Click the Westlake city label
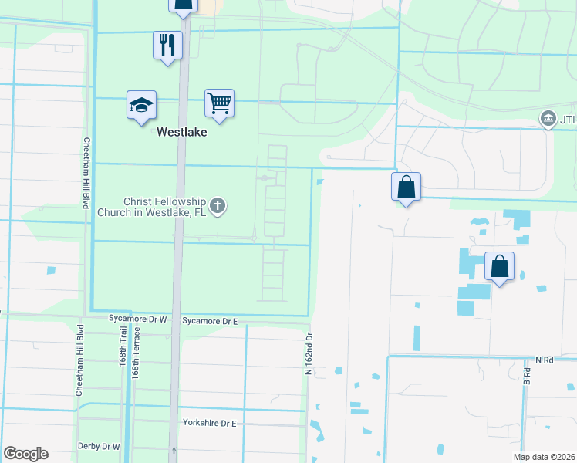[x=182, y=132]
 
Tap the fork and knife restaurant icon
[x=167, y=46]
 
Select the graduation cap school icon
[x=142, y=106]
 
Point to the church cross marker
[x=218, y=205]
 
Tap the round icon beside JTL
[x=548, y=119]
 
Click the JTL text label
[x=568, y=120]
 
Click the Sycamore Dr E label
[x=210, y=319]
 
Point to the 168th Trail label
[x=123, y=350]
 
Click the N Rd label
[x=545, y=360]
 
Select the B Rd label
[x=528, y=376]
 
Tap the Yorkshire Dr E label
[x=209, y=423]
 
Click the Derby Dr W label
[x=99, y=446]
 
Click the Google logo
[x=25, y=454]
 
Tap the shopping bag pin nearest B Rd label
[x=499, y=267]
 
